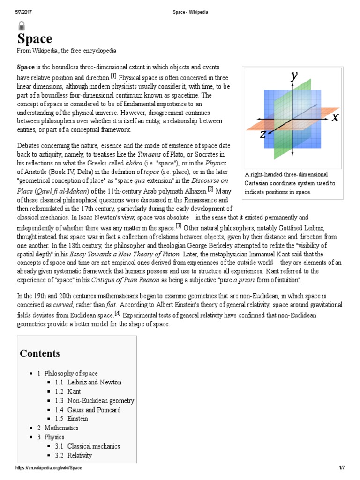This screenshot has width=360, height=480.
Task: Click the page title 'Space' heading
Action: click(35, 39)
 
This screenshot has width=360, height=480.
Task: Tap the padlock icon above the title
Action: click(22, 26)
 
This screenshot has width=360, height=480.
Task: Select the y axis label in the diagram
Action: click(294, 76)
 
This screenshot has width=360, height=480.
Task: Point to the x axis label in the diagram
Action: click(335, 117)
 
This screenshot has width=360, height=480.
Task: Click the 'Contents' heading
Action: click(40, 353)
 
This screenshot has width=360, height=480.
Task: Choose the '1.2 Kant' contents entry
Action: click(74, 391)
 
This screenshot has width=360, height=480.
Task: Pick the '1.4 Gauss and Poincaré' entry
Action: click(94, 410)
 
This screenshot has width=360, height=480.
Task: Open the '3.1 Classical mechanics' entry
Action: click(93, 446)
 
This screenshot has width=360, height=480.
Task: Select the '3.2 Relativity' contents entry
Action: click(79, 456)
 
